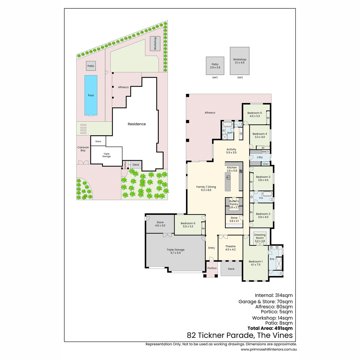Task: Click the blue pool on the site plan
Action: point(91,95)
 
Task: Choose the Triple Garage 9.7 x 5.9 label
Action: point(175,251)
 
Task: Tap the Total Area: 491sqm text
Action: point(270,328)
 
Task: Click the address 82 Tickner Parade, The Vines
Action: point(240,335)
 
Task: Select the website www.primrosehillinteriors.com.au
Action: point(268,349)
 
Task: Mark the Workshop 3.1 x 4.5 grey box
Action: point(239,61)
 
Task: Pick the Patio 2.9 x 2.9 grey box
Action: point(215,66)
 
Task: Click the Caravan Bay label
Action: point(83,149)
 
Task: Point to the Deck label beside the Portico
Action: point(231,268)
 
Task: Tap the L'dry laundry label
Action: point(259,157)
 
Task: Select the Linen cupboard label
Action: point(265,164)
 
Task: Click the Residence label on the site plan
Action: point(136,124)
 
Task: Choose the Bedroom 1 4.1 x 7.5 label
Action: point(256,263)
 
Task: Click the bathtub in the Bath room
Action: point(228,124)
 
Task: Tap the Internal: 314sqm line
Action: point(274,295)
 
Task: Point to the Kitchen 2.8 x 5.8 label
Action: point(232,169)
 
